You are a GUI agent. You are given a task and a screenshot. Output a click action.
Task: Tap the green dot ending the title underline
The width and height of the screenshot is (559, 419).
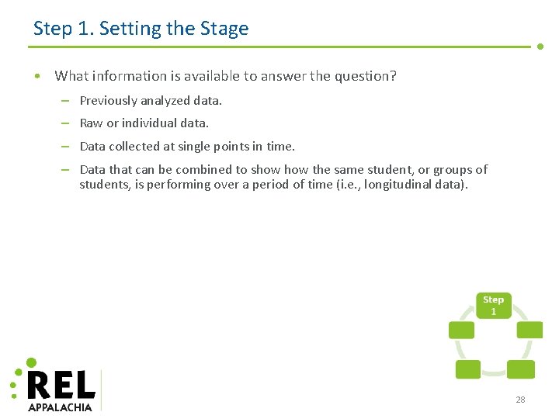tap(540, 47)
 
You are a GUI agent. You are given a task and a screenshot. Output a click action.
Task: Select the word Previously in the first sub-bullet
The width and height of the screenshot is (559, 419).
tap(108, 101)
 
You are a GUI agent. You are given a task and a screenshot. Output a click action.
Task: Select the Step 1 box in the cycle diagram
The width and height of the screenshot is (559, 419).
tap(493, 305)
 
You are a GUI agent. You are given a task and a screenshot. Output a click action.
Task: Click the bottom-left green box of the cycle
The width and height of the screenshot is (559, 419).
tap(467, 369)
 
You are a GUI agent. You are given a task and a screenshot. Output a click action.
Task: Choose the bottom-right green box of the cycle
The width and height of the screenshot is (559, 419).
tap(519, 369)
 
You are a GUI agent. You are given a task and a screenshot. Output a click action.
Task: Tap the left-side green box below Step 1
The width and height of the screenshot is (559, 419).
tap(461, 330)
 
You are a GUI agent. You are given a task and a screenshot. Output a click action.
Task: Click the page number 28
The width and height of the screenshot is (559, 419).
tap(520, 400)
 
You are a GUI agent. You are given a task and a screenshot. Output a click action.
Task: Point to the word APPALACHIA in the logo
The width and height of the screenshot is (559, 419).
tap(60, 407)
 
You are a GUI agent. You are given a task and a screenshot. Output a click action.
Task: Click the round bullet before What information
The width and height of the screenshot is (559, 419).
tap(36, 76)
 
